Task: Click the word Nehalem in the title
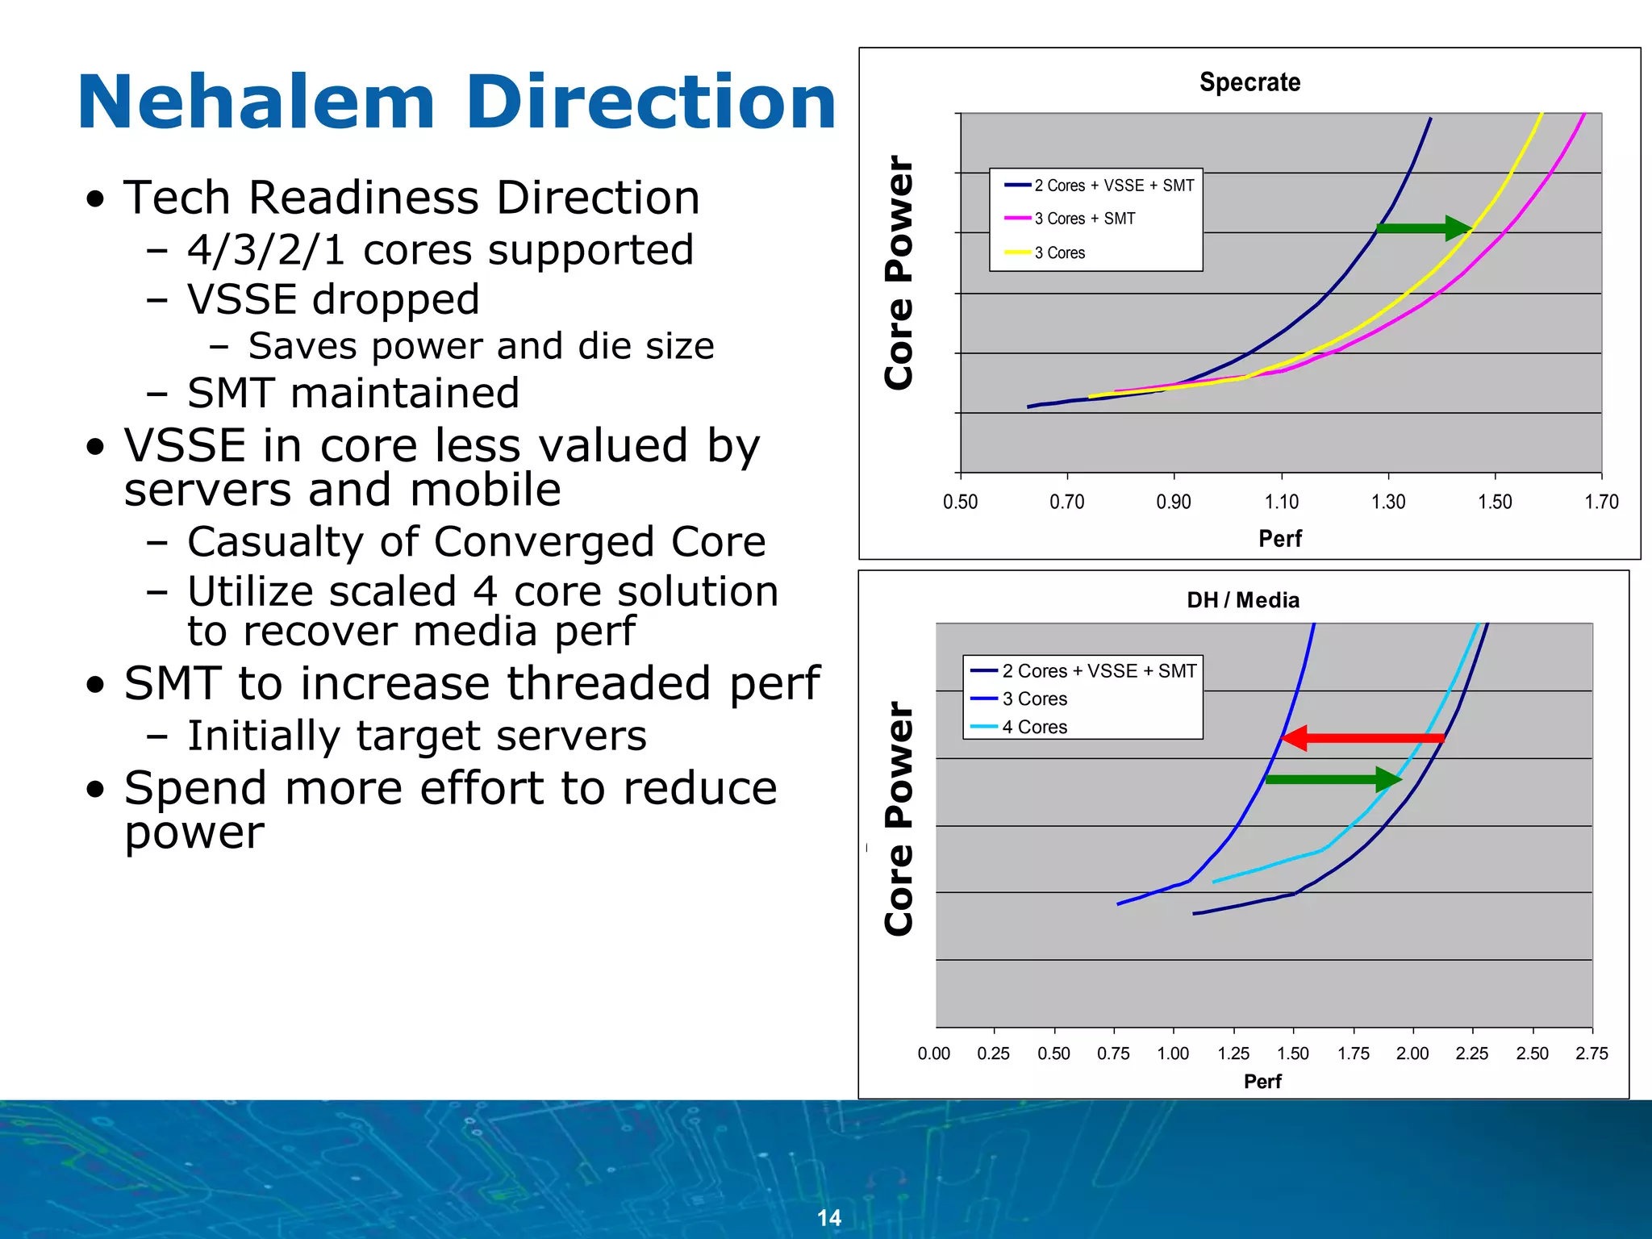257,102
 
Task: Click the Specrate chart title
1249,82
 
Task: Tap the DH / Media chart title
1243,600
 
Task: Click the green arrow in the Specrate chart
1425,228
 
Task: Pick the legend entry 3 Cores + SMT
1084,219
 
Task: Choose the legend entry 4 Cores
1034,727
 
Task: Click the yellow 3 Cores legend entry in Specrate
1059,252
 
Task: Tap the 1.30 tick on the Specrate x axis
1388,502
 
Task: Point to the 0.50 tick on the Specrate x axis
960,502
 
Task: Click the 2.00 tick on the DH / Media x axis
1412,1053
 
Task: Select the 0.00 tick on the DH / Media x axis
934,1053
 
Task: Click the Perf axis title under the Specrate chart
1280,539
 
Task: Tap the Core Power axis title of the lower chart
899,819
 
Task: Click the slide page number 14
828,1218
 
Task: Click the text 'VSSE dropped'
333,299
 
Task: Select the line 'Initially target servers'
416,736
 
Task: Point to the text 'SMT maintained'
353,393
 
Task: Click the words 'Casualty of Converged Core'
476,541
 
